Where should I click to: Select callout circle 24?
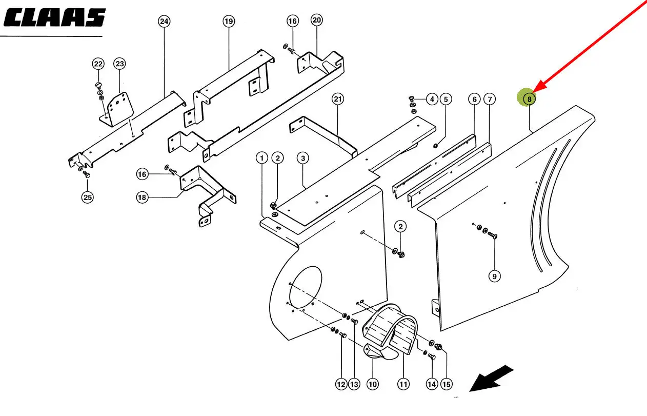164,21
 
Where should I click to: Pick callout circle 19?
229,21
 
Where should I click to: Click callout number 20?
316,20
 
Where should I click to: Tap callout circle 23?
119,64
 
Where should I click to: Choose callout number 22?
98,64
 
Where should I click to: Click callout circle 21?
337,98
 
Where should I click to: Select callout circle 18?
142,197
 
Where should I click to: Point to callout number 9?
494,276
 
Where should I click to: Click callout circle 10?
372,384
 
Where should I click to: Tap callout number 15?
447,384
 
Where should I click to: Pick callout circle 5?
445,99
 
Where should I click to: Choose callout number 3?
303,158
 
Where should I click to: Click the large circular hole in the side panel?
306,288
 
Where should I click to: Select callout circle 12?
341,384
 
